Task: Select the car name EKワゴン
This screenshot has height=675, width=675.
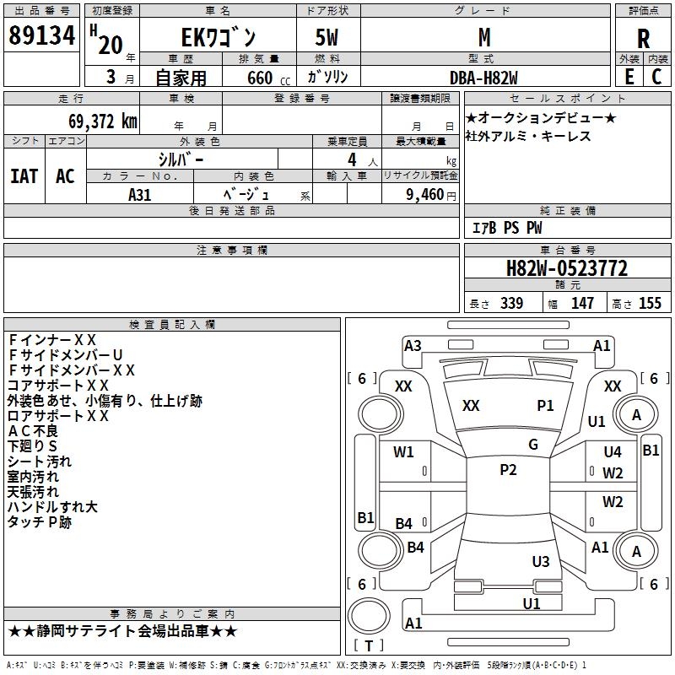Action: pyautogui.click(x=219, y=37)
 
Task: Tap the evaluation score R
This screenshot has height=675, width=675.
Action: pyautogui.click(x=643, y=38)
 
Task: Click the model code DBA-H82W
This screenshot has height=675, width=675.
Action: pyautogui.click(x=483, y=77)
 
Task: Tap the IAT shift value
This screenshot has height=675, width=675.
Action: pyautogui.click(x=24, y=175)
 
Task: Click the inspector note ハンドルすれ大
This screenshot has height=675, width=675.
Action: pyautogui.click(x=52, y=506)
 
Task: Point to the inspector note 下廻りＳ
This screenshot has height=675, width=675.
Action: pyautogui.click(x=33, y=446)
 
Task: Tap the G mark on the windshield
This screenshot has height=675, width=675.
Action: pyautogui.click(x=533, y=445)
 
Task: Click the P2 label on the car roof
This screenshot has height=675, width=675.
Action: pyautogui.click(x=508, y=470)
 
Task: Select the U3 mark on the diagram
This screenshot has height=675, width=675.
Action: pyautogui.click(x=541, y=561)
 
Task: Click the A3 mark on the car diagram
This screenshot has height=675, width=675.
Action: pyautogui.click(x=413, y=345)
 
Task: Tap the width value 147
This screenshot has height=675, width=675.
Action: pyautogui.click(x=582, y=304)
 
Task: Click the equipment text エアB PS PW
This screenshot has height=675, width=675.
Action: pyautogui.click(x=506, y=228)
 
